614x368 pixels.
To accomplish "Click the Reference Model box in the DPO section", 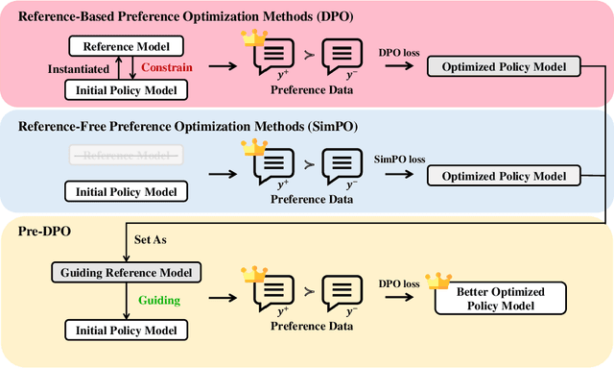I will pos(125,47).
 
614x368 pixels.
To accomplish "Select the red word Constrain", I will pos(168,67).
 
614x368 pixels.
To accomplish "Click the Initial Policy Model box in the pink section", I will pos(125,89).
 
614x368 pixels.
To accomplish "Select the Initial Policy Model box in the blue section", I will pos(125,191).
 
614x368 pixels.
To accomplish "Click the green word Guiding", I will pos(159,301).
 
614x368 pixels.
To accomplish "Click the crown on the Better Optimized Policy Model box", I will pos(438,280).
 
